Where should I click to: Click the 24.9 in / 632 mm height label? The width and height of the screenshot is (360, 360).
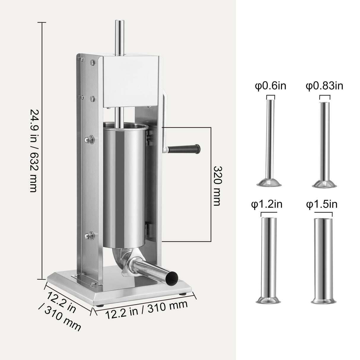tap(33, 150)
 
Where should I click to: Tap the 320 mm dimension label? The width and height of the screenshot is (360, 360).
tap(217, 185)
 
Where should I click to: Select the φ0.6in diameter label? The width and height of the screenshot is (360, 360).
tap(270, 86)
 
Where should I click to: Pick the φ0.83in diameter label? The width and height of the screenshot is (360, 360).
tap(324, 86)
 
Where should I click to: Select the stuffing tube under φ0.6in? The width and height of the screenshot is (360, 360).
tap(270, 142)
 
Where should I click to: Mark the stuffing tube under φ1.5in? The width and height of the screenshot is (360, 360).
tap(323, 255)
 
